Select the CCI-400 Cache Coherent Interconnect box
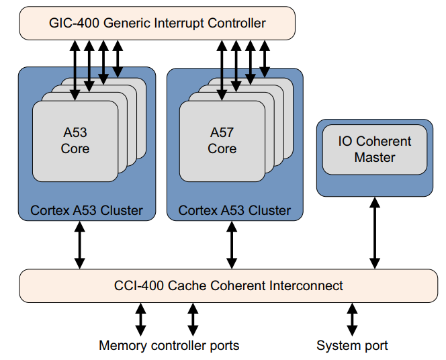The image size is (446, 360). tap(228, 285)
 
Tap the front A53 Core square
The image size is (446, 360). tap(75, 140)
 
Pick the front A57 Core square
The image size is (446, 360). tap(222, 140)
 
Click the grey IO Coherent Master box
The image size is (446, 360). tap(374, 149)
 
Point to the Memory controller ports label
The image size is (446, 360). tap(169, 346)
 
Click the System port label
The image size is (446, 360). tap(352, 346)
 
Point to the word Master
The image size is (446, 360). tap(375, 158)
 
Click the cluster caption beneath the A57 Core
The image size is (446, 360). tap(234, 210)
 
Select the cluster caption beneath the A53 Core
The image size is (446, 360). tap(87, 210)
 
